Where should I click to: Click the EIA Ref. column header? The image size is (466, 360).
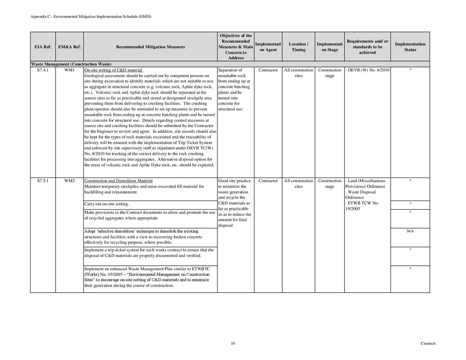pyautogui.click(x=43, y=47)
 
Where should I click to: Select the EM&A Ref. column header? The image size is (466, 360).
pyautogui.click(x=69, y=47)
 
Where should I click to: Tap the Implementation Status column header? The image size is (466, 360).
pyautogui.click(x=410, y=47)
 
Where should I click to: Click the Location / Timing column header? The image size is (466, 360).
pyautogui.click(x=298, y=47)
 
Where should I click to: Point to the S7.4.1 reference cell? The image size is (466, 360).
pyautogui.click(x=43, y=70)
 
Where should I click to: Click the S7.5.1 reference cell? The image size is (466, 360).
pyautogui.click(x=43, y=181)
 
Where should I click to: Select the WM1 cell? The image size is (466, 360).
pyautogui.click(x=69, y=70)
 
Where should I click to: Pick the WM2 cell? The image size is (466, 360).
pyautogui.click(x=69, y=181)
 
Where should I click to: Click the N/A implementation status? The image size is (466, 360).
pyautogui.click(x=410, y=231)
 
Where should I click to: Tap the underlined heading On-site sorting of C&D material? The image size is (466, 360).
pyautogui.click(x=113, y=70)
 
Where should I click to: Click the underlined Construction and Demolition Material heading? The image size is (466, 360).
pyautogui.click(x=118, y=181)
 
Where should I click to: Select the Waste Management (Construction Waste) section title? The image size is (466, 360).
pyautogui.click(x=71, y=64)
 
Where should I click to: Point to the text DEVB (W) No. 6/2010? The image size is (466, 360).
pyautogui.click(x=368, y=70)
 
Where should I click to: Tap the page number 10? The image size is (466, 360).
pyautogui.click(x=233, y=343)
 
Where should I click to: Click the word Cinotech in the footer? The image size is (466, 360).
pyautogui.click(x=428, y=343)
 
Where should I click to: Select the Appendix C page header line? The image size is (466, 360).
pyautogui.click(x=91, y=16)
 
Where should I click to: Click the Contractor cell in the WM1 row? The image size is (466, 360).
pyautogui.click(x=268, y=70)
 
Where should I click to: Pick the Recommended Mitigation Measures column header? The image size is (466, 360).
pyautogui.click(x=150, y=47)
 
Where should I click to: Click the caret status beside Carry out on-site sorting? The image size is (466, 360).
pyautogui.click(x=410, y=204)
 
